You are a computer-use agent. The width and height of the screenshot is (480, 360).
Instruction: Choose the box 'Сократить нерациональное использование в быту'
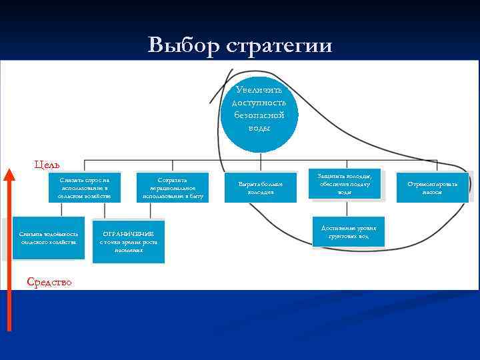coord(172,188)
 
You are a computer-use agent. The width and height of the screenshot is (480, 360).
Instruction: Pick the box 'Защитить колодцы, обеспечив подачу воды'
coord(344,183)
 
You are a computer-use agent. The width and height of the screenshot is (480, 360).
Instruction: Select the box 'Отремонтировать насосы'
coord(437,187)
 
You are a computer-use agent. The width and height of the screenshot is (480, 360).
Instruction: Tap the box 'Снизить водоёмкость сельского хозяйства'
coord(49,237)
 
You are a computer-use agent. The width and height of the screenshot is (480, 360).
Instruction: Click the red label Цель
coord(47,164)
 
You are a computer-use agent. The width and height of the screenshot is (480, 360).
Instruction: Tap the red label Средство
coord(49,282)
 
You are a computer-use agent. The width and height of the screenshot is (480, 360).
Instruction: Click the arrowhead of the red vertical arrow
coord(9,175)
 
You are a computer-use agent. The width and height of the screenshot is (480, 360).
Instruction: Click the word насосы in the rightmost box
coord(437,192)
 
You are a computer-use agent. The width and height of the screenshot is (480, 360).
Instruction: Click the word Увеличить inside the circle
coord(259,90)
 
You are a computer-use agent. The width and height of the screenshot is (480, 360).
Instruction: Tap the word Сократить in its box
coord(172,179)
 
